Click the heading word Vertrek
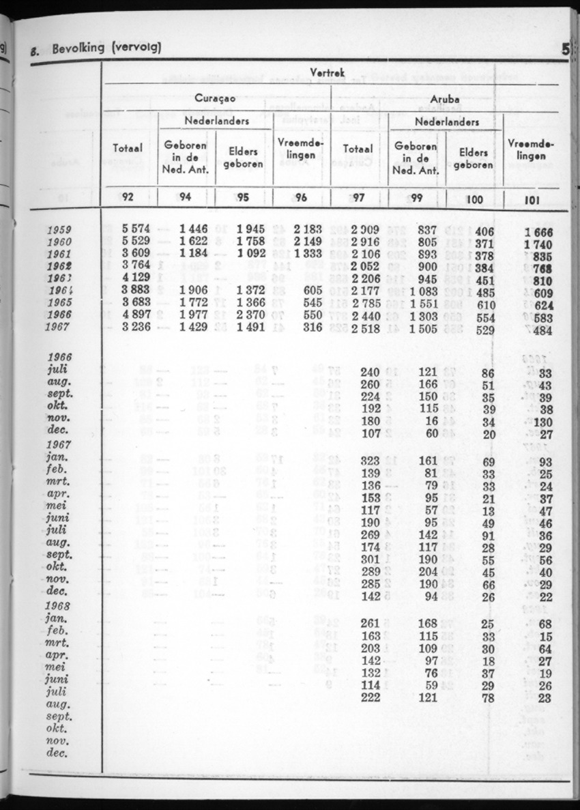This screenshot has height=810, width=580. (x=330, y=73)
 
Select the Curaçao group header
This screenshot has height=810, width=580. (x=215, y=98)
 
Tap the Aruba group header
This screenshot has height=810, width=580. (x=444, y=100)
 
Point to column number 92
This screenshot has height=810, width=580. (x=128, y=198)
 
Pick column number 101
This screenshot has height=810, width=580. (x=530, y=201)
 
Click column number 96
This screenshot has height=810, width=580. (x=302, y=199)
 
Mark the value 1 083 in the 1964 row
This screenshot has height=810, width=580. (x=424, y=291)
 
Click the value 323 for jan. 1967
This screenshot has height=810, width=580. (x=369, y=461)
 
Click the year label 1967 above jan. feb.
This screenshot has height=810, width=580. (x=61, y=444)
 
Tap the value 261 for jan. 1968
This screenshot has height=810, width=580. (x=369, y=623)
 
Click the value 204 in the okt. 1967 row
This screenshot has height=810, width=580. (x=426, y=570)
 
